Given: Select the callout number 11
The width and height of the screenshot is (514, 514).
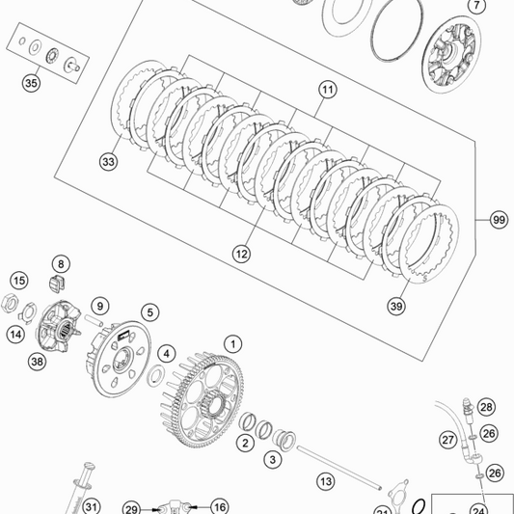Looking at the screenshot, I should coord(327,89).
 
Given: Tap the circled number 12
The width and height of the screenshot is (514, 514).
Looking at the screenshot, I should coord(241,254).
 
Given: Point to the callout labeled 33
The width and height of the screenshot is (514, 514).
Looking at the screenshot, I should coord(108,163).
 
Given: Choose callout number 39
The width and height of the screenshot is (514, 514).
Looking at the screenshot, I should coord(397,306).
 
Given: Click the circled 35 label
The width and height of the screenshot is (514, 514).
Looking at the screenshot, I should coord(33,83).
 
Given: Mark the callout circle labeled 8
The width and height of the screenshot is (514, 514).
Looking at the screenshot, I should coord(60,264).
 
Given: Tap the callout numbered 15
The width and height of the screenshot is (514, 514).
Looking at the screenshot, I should coord(19,281).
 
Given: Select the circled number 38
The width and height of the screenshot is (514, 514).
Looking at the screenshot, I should coord(38,362).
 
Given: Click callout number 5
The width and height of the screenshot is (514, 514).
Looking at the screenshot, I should coord(149,312).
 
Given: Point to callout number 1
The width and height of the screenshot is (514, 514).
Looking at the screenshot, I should coord(232,343).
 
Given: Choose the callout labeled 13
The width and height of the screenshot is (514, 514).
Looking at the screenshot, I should coord(325,480).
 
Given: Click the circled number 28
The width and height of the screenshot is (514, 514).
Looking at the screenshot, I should coord(486,407).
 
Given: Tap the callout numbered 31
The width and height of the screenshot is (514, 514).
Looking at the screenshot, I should coord(91,506).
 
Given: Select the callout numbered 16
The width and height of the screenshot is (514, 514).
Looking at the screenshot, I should coord(219,506).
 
